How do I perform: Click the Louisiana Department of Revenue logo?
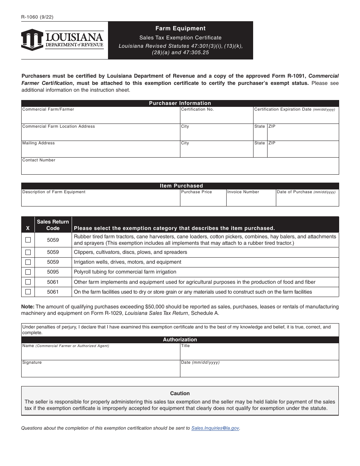63,40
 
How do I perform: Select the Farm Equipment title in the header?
180,28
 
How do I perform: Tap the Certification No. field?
216,117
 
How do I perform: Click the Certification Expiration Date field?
296,117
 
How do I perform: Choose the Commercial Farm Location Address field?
100,134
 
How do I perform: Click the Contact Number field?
180,168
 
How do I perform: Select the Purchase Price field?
203,200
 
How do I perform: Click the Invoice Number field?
250,200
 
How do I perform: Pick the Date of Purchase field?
307,200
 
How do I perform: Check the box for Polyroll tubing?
28,272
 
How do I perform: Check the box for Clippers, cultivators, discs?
28,252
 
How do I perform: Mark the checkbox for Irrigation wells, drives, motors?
28,262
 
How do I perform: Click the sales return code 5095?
53,272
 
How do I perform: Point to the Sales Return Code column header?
53,225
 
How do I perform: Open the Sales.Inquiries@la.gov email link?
215,428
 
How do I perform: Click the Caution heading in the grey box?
180,393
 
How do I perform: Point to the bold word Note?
28,306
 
